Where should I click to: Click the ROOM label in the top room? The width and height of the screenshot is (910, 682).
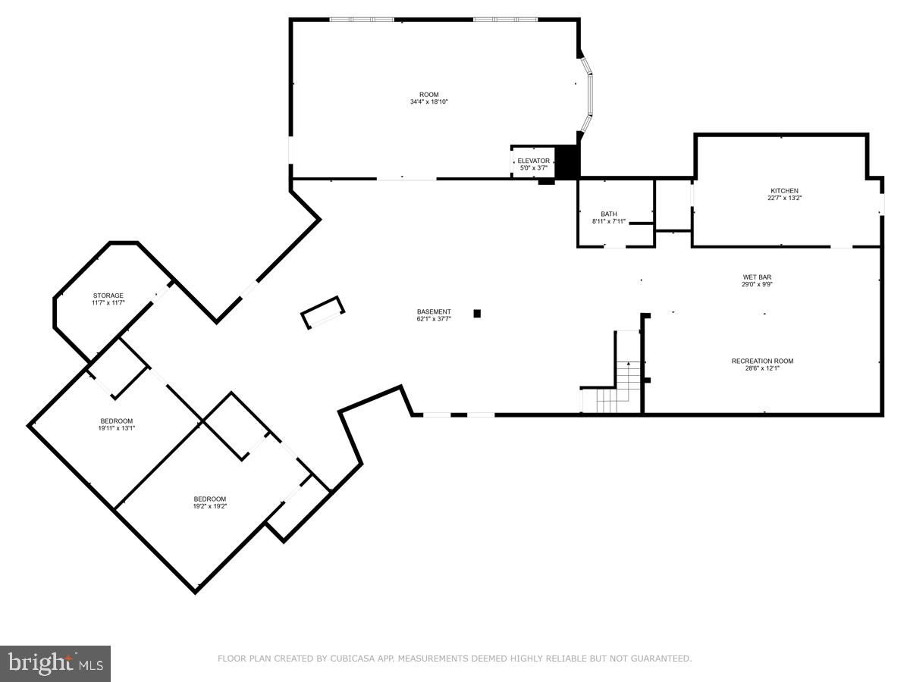click(x=429, y=95)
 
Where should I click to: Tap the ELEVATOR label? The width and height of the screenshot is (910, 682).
click(x=533, y=161)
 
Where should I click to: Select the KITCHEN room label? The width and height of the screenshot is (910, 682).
click(x=784, y=191)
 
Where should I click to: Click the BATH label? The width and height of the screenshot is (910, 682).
click(x=609, y=214)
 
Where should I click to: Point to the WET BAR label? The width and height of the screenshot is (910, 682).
click(x=756, y=277)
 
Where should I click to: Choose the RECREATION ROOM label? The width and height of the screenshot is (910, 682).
click(x=762, y=361)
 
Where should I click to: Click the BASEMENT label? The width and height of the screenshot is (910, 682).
click(x=434, y=311)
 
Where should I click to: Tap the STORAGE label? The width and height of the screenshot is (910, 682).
click(x=108, y=296)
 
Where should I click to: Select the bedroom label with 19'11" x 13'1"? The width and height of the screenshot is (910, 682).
click(x=117, y=421)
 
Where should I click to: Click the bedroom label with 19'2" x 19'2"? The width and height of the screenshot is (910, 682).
click(x=209, y=499)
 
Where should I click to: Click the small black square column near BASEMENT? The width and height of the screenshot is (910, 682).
click(x=477, y=313)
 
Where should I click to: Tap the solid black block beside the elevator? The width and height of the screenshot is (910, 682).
click(x=567, y=161)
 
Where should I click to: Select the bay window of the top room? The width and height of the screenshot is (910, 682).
click(x=587, y=96)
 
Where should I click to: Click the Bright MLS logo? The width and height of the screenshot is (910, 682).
click(x=55, y=663)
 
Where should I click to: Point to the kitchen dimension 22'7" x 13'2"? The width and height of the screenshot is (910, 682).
click(x=783, y=199)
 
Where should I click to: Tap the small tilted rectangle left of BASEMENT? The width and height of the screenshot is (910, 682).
click(x=322, y=312)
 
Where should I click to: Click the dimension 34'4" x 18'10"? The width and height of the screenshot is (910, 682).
click(x=429, y=102)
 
